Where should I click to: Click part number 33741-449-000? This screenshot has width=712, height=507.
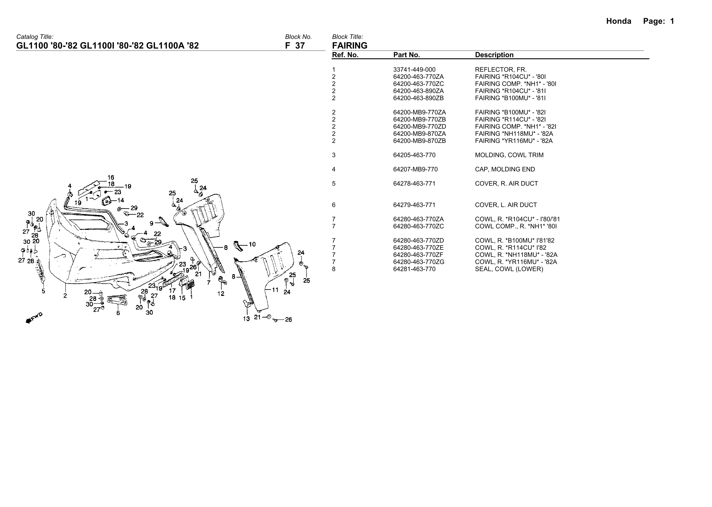414,70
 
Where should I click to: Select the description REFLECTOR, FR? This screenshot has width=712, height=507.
501,70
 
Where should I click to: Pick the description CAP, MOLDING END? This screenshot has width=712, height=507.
505,169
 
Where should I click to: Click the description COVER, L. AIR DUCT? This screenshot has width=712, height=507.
506,205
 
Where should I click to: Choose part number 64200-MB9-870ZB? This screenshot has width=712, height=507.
419,141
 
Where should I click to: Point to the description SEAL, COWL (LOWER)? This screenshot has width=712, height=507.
509,269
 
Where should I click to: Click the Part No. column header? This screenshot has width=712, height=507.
406,55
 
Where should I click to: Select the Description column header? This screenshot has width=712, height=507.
494,55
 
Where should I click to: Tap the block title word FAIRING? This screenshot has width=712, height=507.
350,46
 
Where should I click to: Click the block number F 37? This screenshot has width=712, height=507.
295,46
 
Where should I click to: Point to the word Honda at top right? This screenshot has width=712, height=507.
618,21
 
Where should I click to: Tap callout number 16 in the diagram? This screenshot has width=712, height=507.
111,177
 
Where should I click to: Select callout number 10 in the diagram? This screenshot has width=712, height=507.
252,244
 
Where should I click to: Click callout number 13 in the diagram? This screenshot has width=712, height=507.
246,319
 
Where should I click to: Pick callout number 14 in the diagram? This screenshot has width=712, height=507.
120,200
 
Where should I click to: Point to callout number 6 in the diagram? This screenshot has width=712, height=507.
118,313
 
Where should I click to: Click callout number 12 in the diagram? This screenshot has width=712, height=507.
221,294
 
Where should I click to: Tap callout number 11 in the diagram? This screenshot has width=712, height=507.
275,290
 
